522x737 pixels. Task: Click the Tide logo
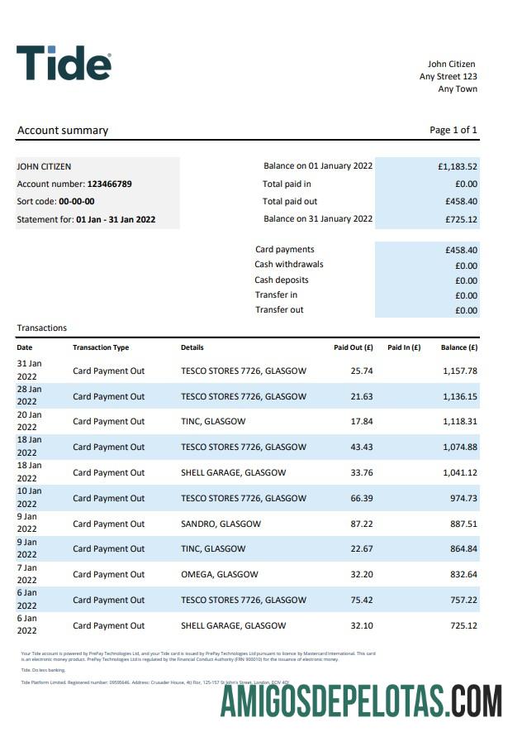[x=64, y=63]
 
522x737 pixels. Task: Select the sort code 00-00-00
[x=76, y=201]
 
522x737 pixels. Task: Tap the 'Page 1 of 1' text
[x=453, y=130]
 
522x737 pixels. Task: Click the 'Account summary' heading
[x=63, y=130]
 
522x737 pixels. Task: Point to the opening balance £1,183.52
[x=458, y=166]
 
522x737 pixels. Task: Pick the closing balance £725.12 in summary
[x=461, y=219]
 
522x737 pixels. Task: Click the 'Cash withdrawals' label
[x=289, y=265]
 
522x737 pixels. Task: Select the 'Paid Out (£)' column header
[x=353, y=347]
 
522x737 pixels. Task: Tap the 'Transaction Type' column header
[x=101, y=347]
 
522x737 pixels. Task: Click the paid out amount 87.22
[x=362, y=524]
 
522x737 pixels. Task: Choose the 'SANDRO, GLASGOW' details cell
[x=221, y=524]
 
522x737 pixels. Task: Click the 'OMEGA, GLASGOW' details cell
[x=219, y=574]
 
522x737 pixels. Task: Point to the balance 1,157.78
[x=460, y=371]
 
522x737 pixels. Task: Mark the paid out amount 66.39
[x=362, y=498]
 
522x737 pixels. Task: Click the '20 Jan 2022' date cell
[x=29, y=421]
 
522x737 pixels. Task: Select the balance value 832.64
[x=463, y=574]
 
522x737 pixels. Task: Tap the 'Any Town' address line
[x=458, y=89]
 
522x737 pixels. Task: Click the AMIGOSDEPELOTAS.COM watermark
[x=362, y=701]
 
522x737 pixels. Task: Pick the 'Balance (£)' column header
[x=459, y=347]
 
